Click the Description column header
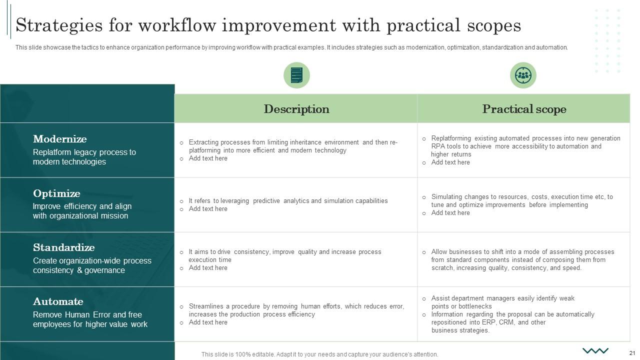[296, 109]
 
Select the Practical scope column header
[524, 109]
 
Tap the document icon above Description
[296, 75]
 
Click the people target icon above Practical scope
[523, 75]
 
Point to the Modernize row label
[60, 139]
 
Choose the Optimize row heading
[56, 193]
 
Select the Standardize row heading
[64, 247]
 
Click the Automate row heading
[58, 301]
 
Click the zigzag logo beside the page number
[595, 350]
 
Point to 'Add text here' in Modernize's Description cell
[208, 158]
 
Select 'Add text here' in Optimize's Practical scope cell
[450, 213]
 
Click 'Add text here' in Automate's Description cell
[208, 322]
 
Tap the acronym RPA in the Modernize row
[438, 146]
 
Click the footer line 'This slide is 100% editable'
[319, 354]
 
